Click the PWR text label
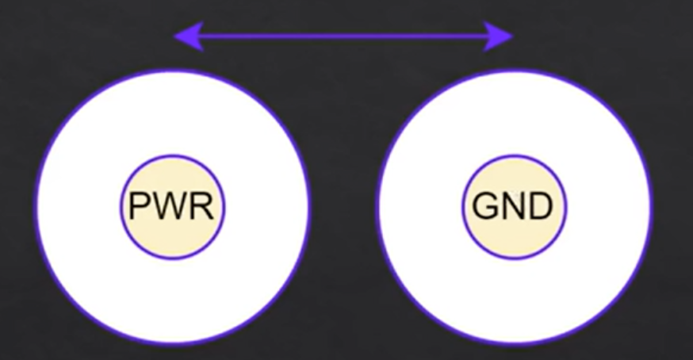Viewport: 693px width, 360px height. pyautogui.click(x=172, y=208)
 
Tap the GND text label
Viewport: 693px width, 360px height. pyautogui.click(x=512, y=208)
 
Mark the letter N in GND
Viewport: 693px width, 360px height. pyautogui.click(x=512, y=208)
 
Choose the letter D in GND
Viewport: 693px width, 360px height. pyautogui.click(x=539, y=208)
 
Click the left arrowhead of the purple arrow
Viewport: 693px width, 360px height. pyautogui.click(x=186, y=36)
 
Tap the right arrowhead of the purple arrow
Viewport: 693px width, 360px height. pyautogui.click(x=502, y=36)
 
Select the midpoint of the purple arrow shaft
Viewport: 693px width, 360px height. pyautogui.click(x=343, y=36)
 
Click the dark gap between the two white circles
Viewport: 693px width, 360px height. pyautogui.click(x=343, y=208)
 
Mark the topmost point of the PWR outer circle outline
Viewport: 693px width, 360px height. pyautogui.click(x=172, y=71)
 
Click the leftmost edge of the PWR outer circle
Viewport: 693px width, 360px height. pyautogui.click(x=36, y=208)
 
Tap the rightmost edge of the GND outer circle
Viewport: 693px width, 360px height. pyautogui.click(x=651, y=208)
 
